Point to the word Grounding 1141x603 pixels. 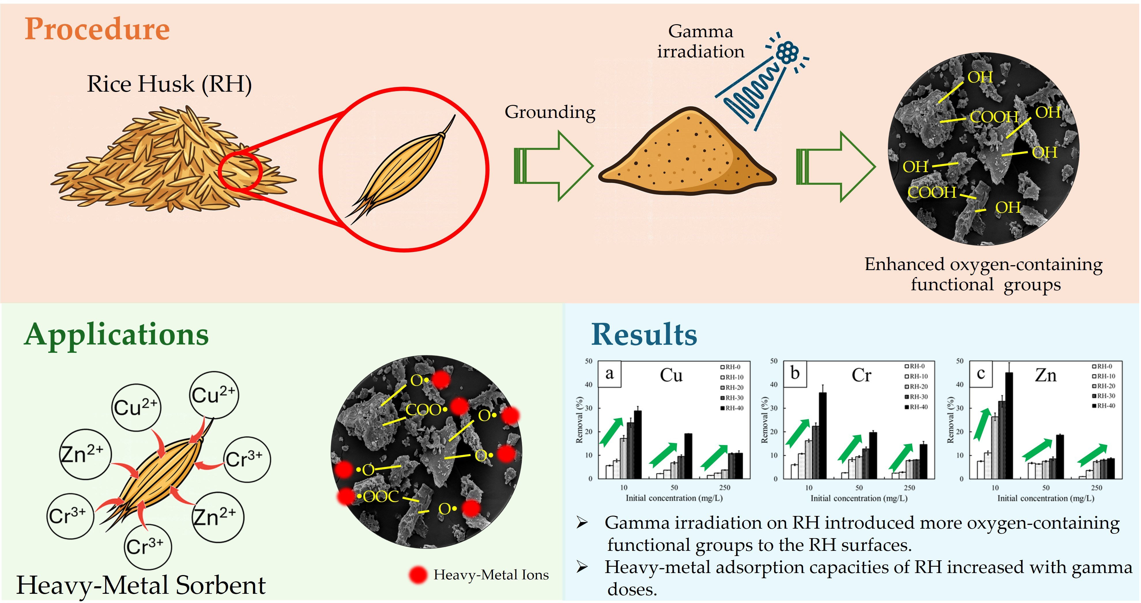coord(550,112)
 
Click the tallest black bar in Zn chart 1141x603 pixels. coord(1009,425)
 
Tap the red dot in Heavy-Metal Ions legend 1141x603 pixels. coord(418,575)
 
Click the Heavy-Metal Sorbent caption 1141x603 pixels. coord(141,585)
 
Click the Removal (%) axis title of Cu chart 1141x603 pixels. coord(579,420)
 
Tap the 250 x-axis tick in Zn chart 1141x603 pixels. coord(1096,487)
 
